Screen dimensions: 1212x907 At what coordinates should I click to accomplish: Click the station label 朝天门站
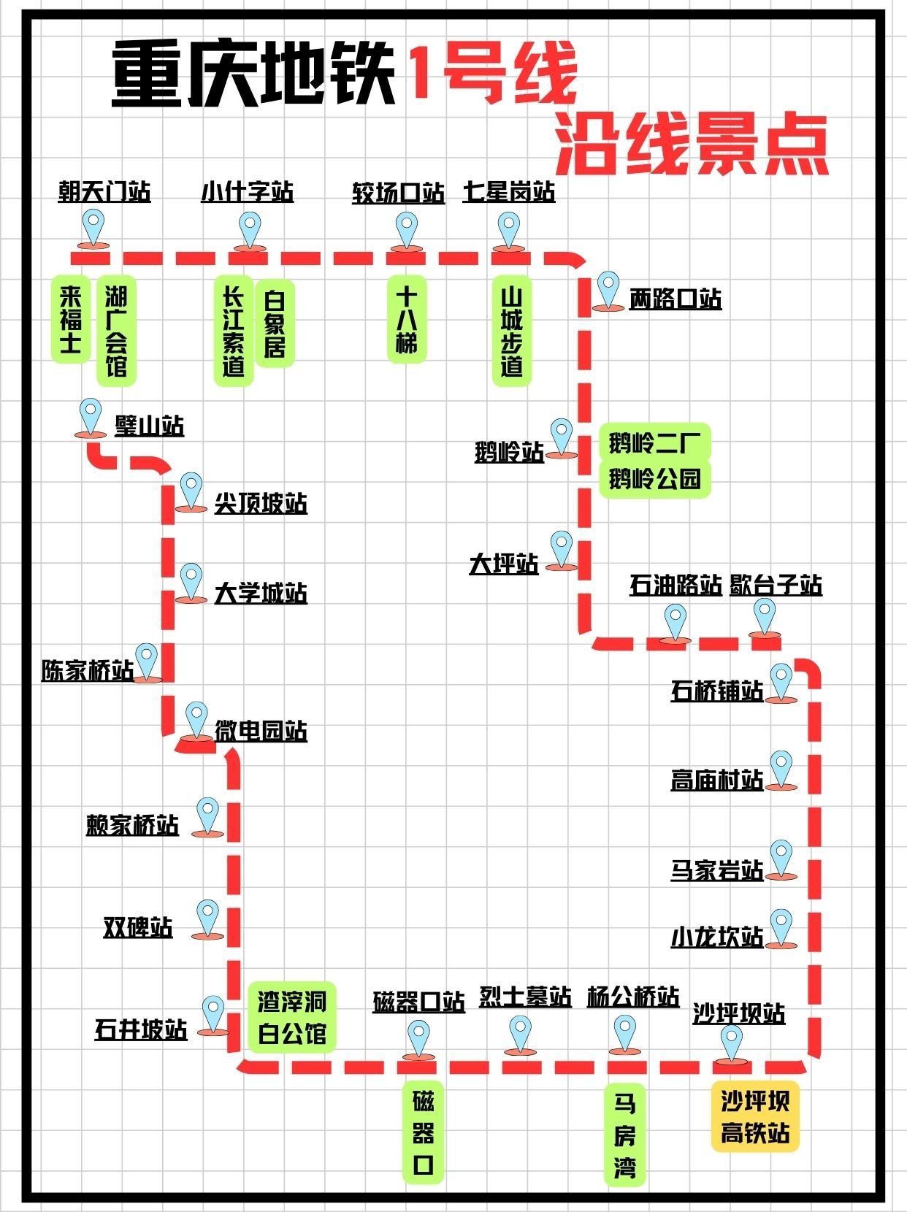coord(104,192)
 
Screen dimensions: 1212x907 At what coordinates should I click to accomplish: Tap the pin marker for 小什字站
coord(249,229)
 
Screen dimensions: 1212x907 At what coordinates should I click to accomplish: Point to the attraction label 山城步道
coord(511,330)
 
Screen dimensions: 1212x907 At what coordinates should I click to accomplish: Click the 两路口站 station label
coord(676,299)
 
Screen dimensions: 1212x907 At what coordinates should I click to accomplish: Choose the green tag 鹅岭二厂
coord(654,442)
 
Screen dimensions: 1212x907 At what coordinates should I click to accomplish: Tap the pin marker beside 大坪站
coord(561,549)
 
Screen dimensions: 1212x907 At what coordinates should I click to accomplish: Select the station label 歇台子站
coord(776,586)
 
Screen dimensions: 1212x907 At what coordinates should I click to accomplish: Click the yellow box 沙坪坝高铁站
coord(755,1117)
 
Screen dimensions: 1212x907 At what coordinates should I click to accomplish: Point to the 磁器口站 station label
coord(418,1002)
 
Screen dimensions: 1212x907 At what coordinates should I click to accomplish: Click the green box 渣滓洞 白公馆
coord(292,1017)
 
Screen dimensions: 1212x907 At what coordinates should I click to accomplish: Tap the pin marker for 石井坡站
coord(213,1013)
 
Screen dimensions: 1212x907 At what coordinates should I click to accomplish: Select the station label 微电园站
coord(261,731)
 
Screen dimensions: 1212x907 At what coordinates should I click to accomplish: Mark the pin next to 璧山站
coord(91,417)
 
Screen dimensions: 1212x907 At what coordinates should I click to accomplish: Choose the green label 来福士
coord(70,319)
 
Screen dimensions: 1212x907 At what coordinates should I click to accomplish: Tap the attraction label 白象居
coord(275,323)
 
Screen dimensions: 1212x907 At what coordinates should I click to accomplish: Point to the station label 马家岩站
coord(716,870)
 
